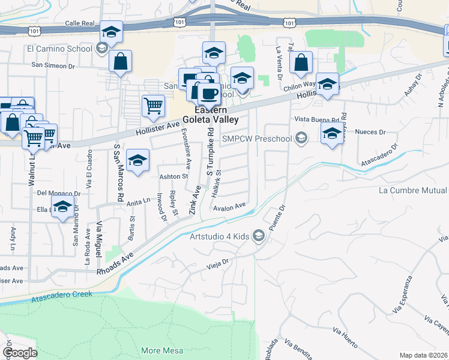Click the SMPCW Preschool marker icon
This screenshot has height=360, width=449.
point(301,139)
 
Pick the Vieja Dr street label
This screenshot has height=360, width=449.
point(218,262)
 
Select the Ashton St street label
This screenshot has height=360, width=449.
point(174,176)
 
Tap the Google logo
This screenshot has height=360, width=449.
point(20,353)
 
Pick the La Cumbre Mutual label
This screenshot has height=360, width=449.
point(413,190)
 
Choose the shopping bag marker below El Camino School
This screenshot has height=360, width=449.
point(121,61)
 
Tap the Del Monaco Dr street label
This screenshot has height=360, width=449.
point(58,193)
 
